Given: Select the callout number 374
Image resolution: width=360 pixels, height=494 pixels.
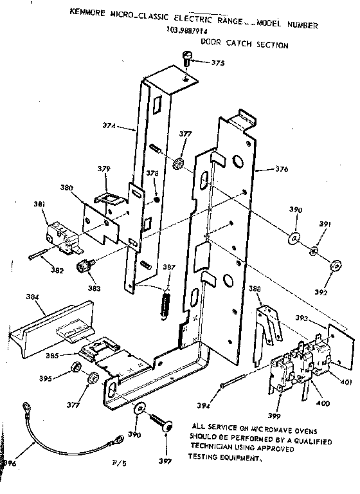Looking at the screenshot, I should (109, 126).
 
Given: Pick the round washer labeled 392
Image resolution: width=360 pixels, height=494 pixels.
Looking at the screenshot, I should (335, 267).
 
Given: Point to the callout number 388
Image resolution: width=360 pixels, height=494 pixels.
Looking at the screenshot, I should (255, 289).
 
